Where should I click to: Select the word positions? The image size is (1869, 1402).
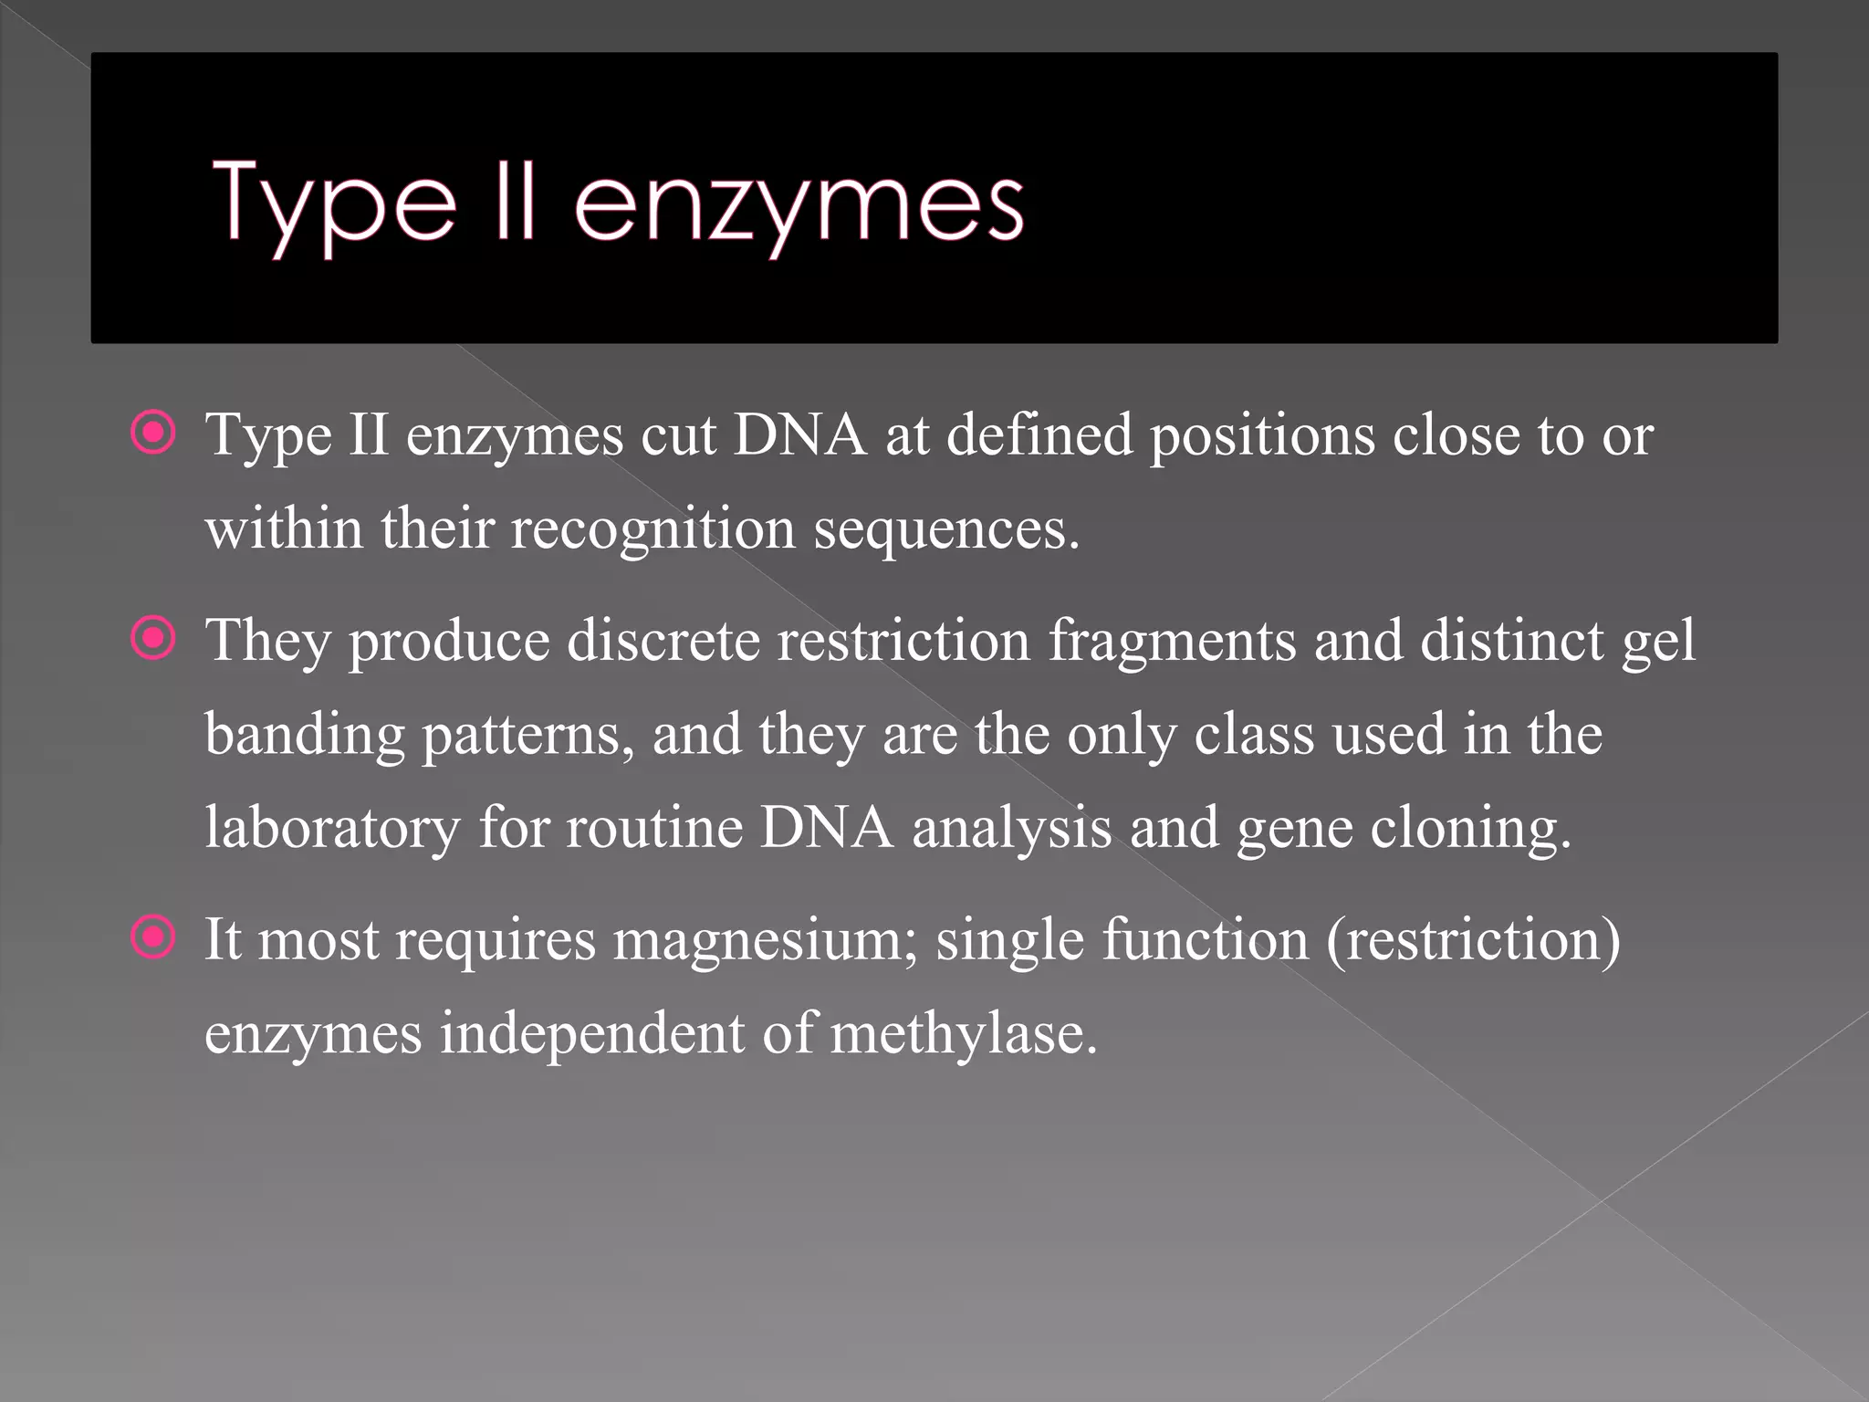(1261, 436)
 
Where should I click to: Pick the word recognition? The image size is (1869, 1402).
(653, 529)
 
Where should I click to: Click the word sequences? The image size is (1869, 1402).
(945, 529)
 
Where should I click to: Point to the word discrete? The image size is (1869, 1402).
(663, 641)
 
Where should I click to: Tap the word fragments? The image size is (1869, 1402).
(1172, 643)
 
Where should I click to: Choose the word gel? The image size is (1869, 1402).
(1658, 643)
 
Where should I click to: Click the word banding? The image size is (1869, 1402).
(305, 736)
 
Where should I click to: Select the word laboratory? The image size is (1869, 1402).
(332, 829)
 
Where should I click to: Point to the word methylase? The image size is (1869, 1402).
(963, 1034)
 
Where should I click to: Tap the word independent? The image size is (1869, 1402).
(591, 1034)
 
